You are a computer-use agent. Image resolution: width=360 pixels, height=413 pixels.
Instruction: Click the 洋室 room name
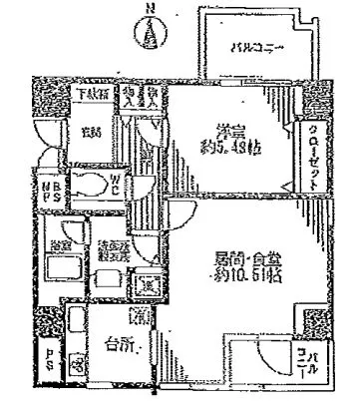point(230,130)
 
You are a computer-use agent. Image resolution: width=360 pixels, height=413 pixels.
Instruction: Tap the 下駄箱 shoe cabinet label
point(95,96)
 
